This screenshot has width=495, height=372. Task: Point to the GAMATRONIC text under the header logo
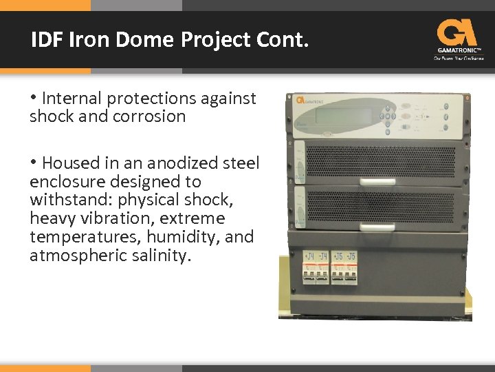(x=458, y=50)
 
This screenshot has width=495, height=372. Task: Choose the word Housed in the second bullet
(x=67, y=163)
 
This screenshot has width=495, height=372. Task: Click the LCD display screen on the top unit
(x=338, y=114)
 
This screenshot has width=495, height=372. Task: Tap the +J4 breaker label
(x=309, y=257)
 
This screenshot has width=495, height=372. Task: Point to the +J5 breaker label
(x=338, y=257)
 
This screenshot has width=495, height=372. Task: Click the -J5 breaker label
(x=351, y=257)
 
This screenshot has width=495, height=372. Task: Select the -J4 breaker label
(x=323, y=257)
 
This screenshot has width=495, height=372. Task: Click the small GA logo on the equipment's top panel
(x=300, y=99)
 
